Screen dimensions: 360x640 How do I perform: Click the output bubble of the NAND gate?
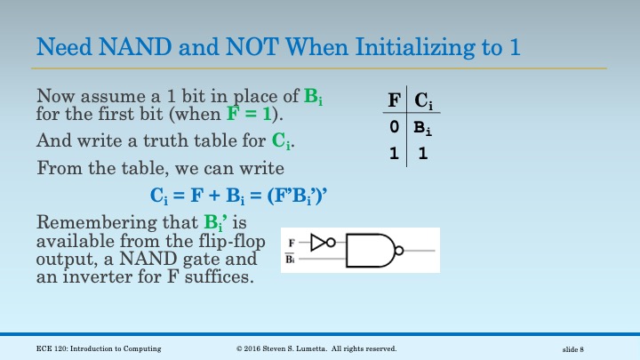pyautogui.click(x=399, y=251)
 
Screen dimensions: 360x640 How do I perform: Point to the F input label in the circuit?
pyautogui.click(x=291, y=242)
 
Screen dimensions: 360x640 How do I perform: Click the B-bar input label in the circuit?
pyautogui.click(x=291, y=259)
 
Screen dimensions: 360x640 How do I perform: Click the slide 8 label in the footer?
pyautogui.click(x=579, y=348)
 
